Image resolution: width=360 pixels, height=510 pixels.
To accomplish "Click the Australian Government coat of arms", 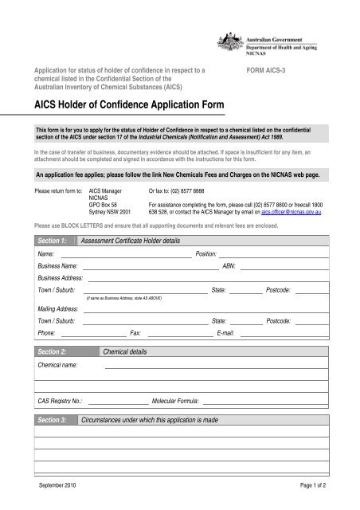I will pos(228,45).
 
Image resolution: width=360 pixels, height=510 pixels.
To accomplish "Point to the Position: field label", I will pos(209,232).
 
